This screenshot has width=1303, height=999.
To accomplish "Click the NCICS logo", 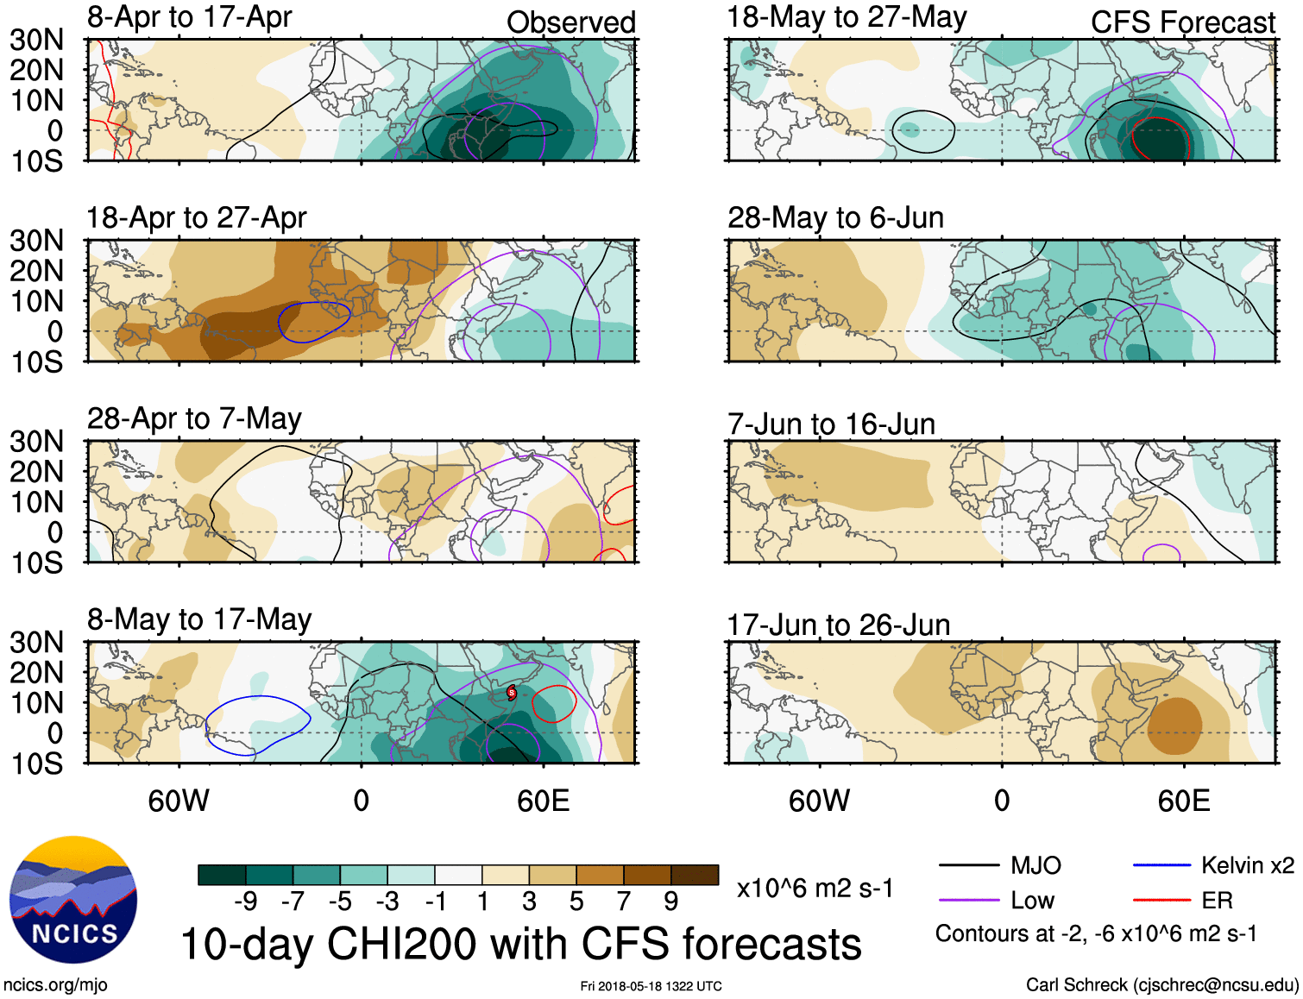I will click(x=73, y=900).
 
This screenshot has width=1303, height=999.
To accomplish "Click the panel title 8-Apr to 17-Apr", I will click(x=189, y=17).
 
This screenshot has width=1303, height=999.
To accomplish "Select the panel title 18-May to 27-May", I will click(x=847, y=17).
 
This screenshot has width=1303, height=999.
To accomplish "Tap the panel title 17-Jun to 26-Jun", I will click(x=838, y=625).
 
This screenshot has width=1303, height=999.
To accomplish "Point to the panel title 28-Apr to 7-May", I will click(x=194, y=418).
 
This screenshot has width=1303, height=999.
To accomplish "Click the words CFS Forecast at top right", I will click(x=1182, y=22).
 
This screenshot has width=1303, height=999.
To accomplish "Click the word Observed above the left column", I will click(x=570, y=22).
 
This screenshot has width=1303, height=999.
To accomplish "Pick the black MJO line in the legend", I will click(x=968, y=865).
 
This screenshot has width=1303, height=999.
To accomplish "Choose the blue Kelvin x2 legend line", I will click(x=1161, y=865).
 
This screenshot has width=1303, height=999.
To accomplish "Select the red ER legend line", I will click(x=1161, y=901).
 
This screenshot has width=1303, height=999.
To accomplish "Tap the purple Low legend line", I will click(x=968, y=901).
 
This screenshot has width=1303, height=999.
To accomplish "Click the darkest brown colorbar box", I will click(x=695, y=875).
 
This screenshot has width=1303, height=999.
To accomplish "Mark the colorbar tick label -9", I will click(x=245, y=902).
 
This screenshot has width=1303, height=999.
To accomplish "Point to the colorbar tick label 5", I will click(x=576, y=902).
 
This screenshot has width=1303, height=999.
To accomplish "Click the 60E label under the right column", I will click(x=1183, y=801).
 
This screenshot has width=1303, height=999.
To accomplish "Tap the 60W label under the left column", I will click(x=179, y=801).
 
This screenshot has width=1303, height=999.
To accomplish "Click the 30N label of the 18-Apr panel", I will click(x=36, y=241).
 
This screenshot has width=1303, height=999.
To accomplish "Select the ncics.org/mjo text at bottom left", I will click(x=55, y=985).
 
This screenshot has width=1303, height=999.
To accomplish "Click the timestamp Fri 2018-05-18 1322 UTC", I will click(x=651, y=986).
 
